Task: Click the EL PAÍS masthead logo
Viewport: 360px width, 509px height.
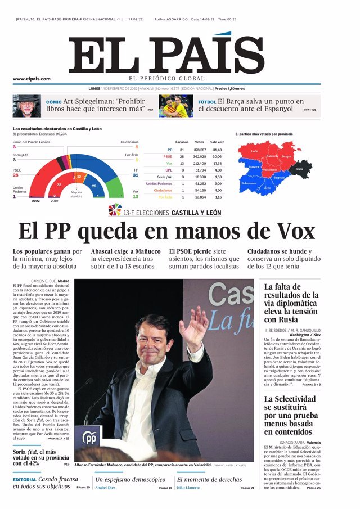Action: [x=166, y=56]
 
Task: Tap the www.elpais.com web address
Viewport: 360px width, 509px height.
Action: [x=31, y=79]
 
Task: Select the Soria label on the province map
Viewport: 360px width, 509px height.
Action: [x=299, y=169]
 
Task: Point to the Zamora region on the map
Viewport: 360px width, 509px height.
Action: [x=254, y=166]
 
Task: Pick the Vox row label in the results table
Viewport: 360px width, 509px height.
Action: [x=169, y=163]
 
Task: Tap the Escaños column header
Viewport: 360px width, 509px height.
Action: [x=182, y=142]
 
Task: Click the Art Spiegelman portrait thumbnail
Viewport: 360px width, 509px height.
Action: [x=26, y=105]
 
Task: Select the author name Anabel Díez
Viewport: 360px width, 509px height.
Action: [x=105, y=488]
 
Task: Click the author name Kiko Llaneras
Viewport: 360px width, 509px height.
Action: [x=189, y=488]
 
